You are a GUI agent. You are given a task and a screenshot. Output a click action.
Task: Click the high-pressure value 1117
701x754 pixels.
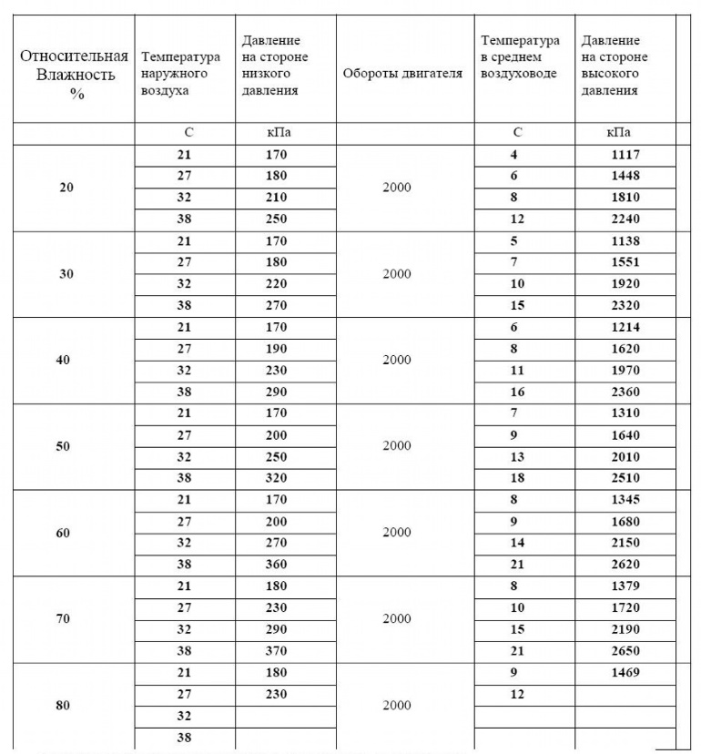625,155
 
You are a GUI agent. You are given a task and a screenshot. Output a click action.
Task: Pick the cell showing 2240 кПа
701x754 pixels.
625,219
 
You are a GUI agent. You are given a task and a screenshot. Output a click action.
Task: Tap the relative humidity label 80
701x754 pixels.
63,706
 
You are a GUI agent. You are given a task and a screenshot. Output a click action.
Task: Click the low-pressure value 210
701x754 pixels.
276,198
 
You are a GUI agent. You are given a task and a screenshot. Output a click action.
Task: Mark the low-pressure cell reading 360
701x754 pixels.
276,565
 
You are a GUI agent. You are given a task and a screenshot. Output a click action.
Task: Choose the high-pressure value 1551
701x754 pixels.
625,262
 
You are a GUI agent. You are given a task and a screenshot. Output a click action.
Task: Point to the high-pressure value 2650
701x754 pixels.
625,651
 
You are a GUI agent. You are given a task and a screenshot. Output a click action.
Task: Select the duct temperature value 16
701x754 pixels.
515,392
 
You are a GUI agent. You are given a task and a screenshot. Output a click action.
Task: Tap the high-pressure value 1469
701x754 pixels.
625,673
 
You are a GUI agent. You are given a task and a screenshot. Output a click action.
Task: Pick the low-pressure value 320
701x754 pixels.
276,479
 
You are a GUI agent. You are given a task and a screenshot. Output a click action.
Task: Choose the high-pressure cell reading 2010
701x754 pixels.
625,457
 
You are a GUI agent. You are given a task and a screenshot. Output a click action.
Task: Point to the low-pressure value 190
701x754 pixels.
276,349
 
